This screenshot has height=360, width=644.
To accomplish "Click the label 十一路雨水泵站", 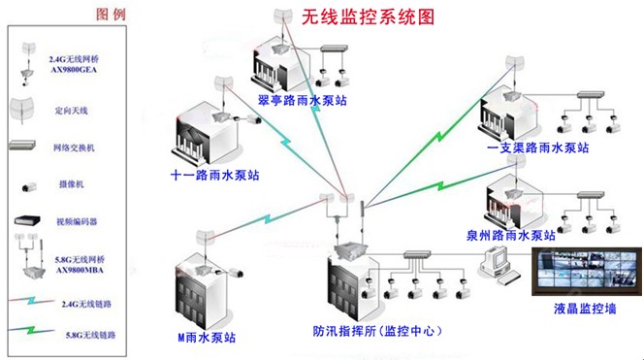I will pos(215,176).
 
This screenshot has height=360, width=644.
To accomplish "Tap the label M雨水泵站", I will pos(207,337).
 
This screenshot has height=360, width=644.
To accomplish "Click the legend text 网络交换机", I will pos(76,147).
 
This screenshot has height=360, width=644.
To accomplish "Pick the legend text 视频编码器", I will pos(77,220).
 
